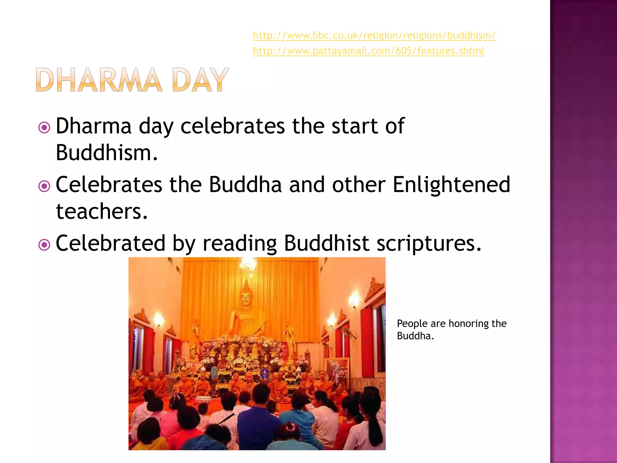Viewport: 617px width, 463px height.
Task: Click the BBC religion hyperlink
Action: [374, 36]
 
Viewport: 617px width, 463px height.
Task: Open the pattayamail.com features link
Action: [368, 51]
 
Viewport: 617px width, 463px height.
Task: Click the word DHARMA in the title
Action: [99, 80]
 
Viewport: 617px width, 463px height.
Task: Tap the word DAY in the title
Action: [200, 80]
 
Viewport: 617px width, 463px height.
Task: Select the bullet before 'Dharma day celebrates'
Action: [44, 128]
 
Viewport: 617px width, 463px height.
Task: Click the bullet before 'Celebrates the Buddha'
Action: [44, 186]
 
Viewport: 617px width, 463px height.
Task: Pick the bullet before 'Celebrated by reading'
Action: [44, 245]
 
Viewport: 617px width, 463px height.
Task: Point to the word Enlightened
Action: [451, 184]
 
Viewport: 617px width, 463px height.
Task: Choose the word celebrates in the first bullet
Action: [233, 126]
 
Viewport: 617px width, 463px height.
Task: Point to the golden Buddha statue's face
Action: [246, 298]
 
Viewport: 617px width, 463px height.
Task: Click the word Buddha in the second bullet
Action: [245, 184]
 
